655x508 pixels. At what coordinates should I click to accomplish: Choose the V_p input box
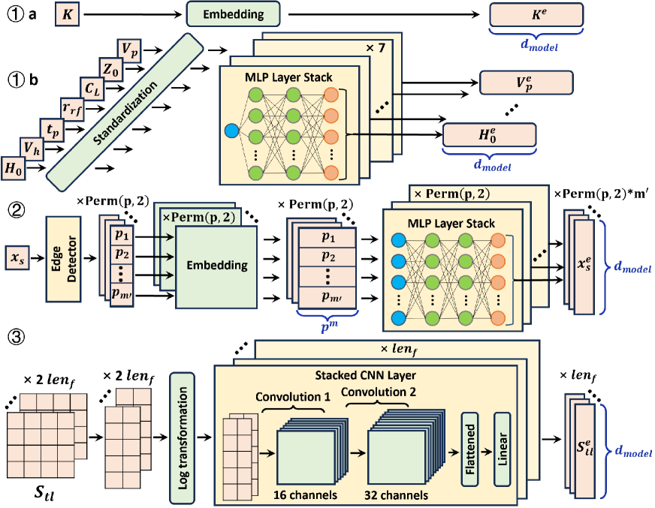[x=129, y=50]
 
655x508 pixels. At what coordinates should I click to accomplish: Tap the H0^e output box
[x=490, y=135]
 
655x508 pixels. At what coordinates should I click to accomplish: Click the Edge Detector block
[x=63, y=258]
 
